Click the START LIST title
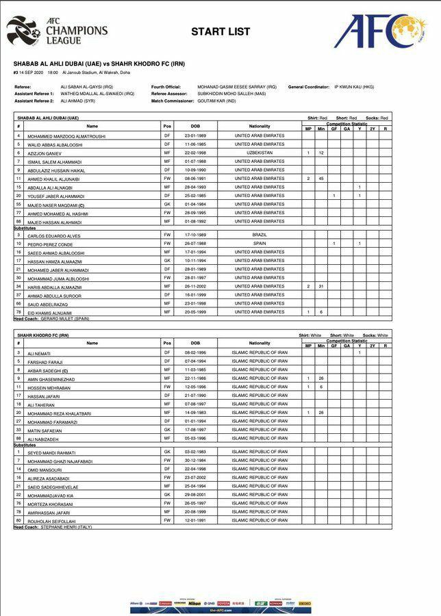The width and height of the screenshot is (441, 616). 220,31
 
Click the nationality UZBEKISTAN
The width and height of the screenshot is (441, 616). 259,153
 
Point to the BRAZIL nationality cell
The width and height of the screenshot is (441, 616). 259,235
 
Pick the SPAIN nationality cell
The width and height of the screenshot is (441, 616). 259,243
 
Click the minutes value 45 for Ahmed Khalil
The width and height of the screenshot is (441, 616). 320,178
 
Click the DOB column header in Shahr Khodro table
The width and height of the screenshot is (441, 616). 195,343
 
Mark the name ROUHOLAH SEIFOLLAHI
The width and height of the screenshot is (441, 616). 52,520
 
